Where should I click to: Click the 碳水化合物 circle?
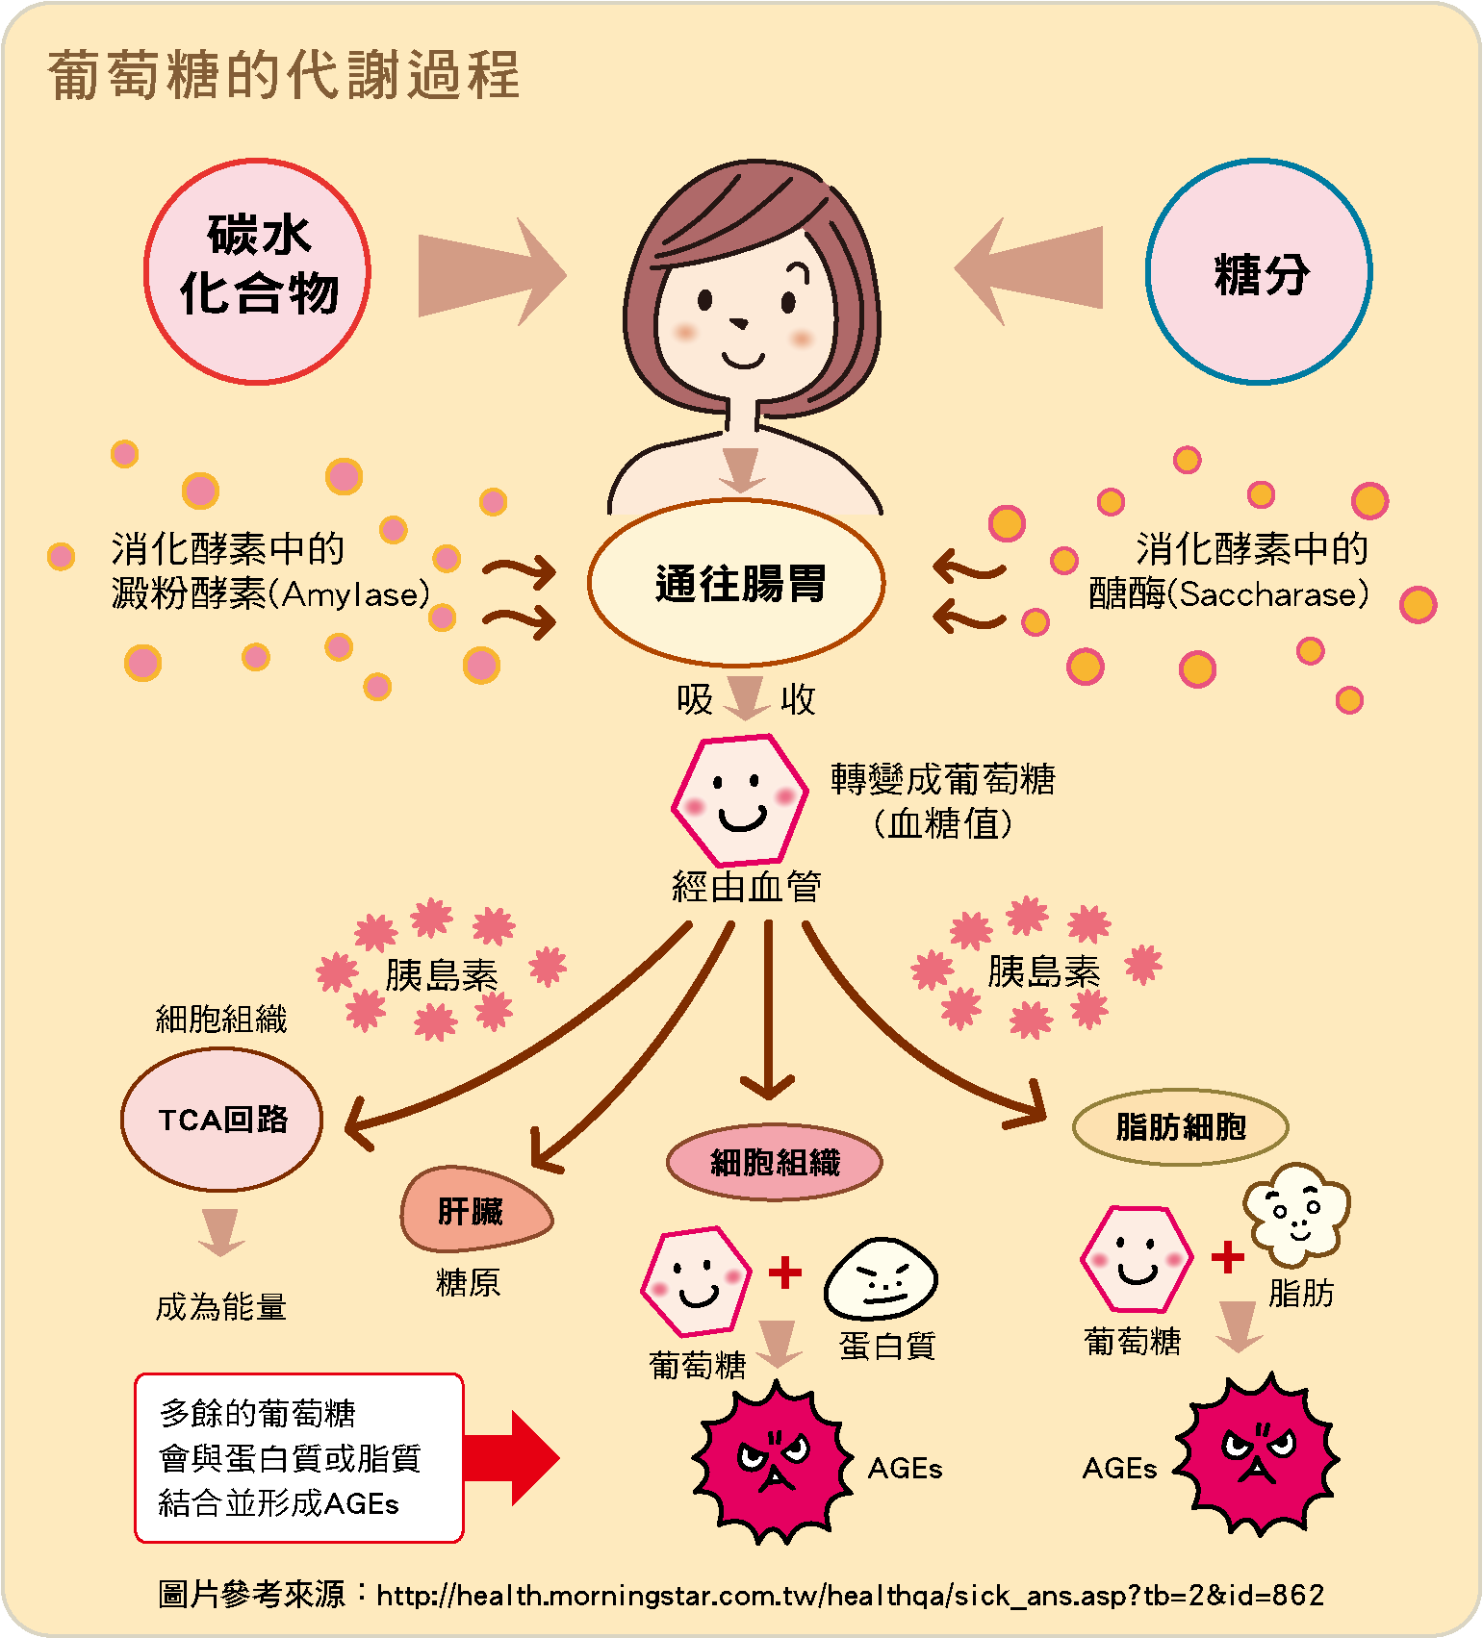257,271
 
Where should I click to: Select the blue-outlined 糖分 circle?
1259,272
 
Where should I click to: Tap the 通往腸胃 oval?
736,583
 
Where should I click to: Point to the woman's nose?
739,322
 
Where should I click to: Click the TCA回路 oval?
221,1119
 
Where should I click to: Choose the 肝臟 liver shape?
473,1210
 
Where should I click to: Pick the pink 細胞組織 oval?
774,1162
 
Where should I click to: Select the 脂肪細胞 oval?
1180,1126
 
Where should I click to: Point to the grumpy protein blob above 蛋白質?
881,1279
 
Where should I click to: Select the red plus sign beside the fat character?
1227,1257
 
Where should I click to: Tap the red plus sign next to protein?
785,1273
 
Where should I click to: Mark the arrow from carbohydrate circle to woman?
491,273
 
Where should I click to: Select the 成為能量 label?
221,1307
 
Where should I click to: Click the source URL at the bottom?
850,1596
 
